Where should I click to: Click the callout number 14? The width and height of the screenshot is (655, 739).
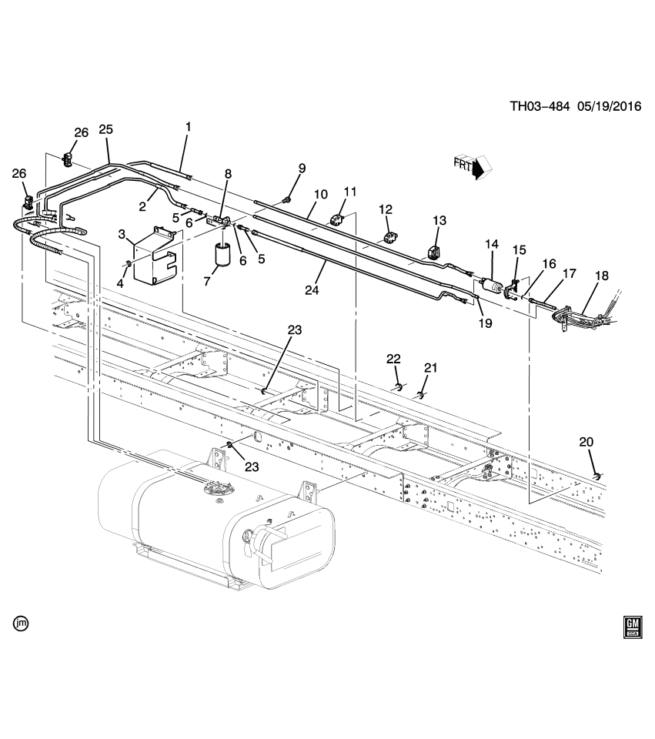tap(492, 245)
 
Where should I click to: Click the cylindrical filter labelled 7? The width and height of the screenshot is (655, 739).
tap(223, 255)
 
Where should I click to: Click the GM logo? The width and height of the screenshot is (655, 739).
tap(632, 627)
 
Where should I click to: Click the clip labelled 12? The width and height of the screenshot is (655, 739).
tap(389, 235)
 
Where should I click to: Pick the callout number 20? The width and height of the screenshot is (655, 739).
tap(586, 442)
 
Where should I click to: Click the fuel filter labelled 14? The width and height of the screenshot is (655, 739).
tap(490, 286)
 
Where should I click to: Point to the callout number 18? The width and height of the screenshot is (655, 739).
tap(601, 276)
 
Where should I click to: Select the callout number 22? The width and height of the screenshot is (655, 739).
tap(393, 359)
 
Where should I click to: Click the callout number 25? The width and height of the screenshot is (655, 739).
tap(105, 129)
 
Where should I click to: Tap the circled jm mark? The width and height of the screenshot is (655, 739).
tap(21, 621)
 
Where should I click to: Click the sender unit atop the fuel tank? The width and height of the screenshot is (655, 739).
tap(216, 490)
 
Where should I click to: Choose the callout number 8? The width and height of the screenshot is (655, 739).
tap(227, 174)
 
